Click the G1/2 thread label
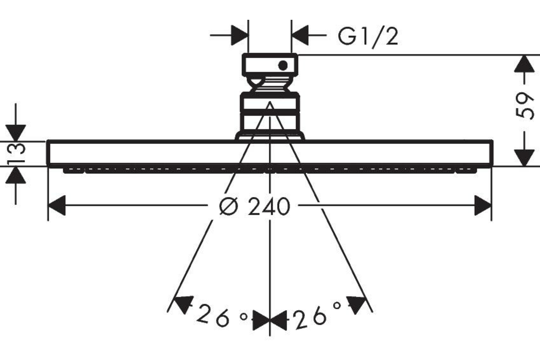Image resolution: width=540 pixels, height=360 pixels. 368,37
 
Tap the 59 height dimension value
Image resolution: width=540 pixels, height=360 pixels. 524,106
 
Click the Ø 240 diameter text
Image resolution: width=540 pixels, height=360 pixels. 255,207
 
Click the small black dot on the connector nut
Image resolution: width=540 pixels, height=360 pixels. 283,65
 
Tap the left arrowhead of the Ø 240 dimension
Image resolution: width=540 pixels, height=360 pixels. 57,206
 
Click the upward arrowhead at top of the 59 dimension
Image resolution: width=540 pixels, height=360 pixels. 524,64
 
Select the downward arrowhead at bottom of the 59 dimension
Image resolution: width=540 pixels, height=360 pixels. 524,157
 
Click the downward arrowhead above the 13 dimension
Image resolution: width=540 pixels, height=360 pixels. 16,133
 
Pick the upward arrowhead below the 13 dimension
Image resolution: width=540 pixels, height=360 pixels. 16,175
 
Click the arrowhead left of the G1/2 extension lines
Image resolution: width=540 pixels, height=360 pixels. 239,35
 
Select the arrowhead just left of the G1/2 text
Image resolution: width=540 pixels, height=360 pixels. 300,35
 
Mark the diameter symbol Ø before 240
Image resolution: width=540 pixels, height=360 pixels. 229,207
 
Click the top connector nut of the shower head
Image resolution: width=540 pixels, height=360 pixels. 270,65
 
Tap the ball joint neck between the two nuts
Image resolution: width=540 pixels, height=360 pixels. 270,84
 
